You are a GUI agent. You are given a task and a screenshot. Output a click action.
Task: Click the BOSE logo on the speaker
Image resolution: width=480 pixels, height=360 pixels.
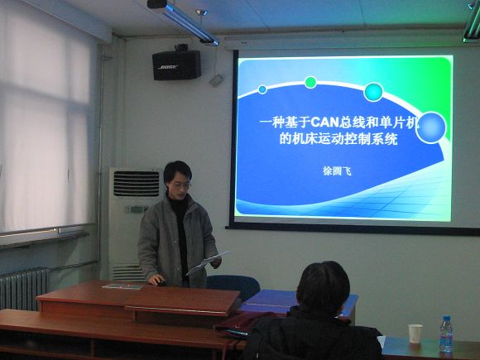pyautogui.click(x=168, y=67)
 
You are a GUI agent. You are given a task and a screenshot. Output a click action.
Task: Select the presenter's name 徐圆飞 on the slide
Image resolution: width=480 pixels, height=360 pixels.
pyautogui.click(x=337, y=170)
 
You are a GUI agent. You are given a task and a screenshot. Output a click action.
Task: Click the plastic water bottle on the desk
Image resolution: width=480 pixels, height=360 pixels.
pyautogui.click(x=446, y=334)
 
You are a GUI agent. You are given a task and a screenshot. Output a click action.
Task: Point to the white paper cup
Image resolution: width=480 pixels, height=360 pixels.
pyautogui.click(x=415, y=334)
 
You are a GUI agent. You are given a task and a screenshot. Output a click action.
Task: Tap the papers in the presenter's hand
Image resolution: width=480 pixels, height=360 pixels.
pyautogui.click(x=209, y=262)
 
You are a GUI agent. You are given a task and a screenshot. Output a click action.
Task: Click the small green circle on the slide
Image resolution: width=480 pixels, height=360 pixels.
pyautogui.click(x=310, y=83)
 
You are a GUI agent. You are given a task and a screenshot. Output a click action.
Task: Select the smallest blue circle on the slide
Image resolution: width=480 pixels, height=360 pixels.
pyautogui.click(x=262, y=89)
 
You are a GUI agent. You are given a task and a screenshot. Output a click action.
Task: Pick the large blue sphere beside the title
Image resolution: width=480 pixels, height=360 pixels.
pyautogui.click(x=430, y=127)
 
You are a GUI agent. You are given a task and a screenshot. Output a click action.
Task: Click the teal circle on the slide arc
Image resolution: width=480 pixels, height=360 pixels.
pyautogui.click(x=373, y=92)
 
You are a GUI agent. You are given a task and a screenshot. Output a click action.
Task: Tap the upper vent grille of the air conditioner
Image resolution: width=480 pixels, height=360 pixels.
pyautogui.click(x=137, y=184)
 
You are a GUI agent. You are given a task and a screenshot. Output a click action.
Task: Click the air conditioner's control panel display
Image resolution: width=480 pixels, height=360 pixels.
pyautogui.click(x=137, y=209)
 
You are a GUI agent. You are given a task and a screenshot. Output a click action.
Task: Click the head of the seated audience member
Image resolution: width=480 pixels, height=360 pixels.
pyautogui.click(x=323, y=288)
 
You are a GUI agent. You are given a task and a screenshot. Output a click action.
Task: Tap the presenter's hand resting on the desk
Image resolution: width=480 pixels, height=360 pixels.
pyautogui.click(x=156, y=280)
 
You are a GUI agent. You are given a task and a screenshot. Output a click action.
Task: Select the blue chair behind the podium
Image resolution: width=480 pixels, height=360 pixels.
pyautogui.click(x=234, y=287)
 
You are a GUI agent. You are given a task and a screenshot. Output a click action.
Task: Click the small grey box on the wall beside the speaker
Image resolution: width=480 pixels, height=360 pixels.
pyautogui.click(x=216, y=80)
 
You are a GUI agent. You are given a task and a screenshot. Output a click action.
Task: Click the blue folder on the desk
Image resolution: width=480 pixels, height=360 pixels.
pyautogui.click(x=297, y=302)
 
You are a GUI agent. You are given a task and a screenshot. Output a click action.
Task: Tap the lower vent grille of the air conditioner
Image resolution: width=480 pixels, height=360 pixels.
pyautogui.click(x=127, y=272)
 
